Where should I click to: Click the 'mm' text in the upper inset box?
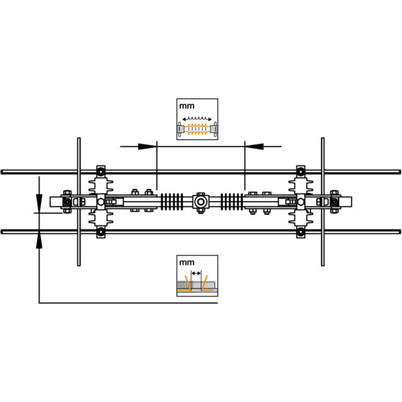[x=187, y=106]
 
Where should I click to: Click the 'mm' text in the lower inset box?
[x=187, y=263]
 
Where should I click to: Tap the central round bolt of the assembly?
[x=200, y=202]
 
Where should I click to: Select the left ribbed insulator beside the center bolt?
[x=172, y=202]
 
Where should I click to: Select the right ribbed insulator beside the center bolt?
[x=232, y=202]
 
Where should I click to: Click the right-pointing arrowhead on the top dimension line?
[x=148, y=146]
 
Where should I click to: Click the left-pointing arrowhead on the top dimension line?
[x=254, y=146]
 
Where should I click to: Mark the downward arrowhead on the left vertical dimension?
[x=39, y=204]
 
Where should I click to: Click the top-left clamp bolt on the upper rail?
[x=101, y=171]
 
